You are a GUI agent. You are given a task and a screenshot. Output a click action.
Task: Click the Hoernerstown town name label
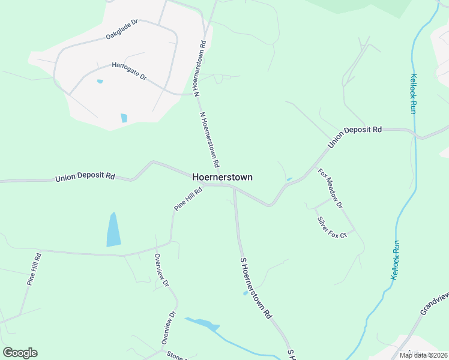point(222,177)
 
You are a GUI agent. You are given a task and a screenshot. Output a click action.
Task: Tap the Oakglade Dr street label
point(122,29)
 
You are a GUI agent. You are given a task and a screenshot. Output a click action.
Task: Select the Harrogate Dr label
point(129,71)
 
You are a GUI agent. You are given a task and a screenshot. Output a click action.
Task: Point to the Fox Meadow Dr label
point(330,188)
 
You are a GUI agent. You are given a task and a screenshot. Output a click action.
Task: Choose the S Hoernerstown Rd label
point(256,288)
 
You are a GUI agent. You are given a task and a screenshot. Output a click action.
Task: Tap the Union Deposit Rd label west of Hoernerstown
point(85,177)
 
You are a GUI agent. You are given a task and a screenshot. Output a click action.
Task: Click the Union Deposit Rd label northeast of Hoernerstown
point(355,137)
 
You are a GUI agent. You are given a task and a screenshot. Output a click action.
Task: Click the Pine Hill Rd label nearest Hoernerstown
point(188,198)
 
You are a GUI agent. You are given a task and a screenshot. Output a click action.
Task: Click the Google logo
point(20,353)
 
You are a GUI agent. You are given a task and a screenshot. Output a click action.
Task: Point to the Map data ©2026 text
point(423,355)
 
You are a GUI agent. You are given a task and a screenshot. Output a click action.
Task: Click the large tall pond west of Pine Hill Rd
point(113,230)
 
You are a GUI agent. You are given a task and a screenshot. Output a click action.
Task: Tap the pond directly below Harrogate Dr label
point(124,118)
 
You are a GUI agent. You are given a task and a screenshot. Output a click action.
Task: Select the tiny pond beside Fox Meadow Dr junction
point(289,179)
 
